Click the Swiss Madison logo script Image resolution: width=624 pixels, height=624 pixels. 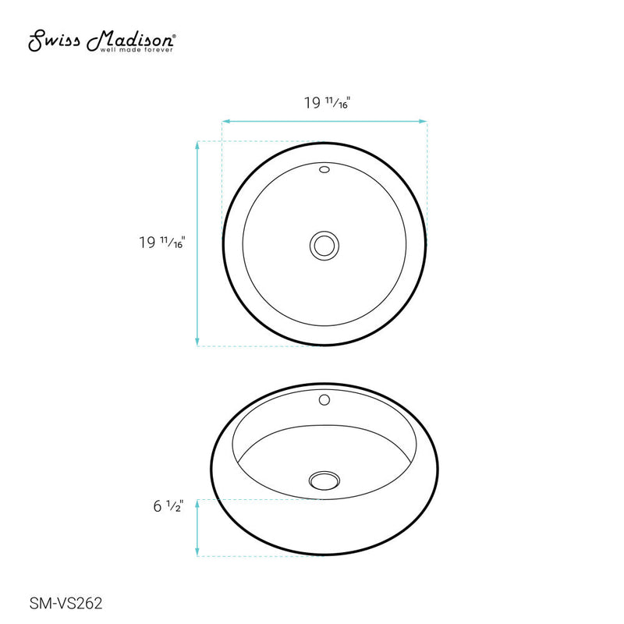coord(101,40)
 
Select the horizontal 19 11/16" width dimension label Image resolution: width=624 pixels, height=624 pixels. coord(325,102)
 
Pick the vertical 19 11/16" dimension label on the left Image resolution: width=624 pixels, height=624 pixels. coord(161,243)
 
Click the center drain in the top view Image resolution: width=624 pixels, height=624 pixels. coord(324,244)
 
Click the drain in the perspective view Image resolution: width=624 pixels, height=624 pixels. coord(323,480)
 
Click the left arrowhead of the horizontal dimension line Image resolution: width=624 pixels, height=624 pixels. coord(225,121)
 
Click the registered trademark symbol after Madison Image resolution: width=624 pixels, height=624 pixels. coord(173,35)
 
